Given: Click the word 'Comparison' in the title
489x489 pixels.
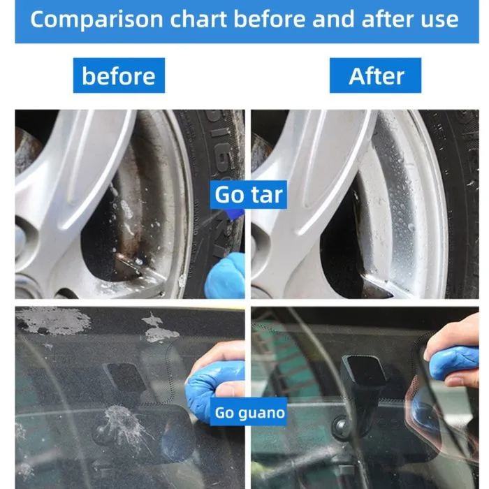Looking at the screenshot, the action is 96,20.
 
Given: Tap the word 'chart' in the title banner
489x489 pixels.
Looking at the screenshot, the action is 198,19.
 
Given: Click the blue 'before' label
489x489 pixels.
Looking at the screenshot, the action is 119,75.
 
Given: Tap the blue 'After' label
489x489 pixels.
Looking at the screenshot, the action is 376,75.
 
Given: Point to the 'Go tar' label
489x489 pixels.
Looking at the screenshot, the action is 249,195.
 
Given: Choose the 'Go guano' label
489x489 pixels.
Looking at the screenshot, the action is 249,411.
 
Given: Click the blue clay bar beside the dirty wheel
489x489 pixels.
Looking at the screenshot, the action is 225,276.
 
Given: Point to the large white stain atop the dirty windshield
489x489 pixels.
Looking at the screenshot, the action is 53,320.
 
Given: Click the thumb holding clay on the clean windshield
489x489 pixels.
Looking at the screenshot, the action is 462,381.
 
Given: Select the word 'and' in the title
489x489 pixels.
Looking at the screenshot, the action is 333,19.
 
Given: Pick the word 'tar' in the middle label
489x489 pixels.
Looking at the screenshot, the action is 267,195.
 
